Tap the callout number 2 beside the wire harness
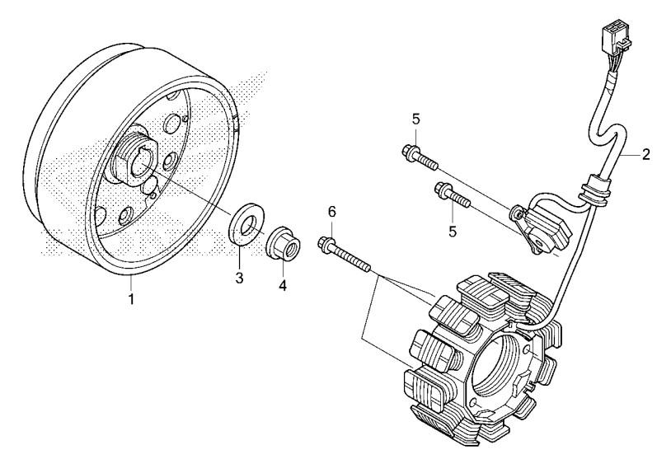(x=646, y=154)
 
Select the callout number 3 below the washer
(x=240, y=278)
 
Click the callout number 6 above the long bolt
(x=332, y=212)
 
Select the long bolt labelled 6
(x=346, y=254)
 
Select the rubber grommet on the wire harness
(x=591, y=189)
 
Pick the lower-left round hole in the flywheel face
(x=124, y=217)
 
